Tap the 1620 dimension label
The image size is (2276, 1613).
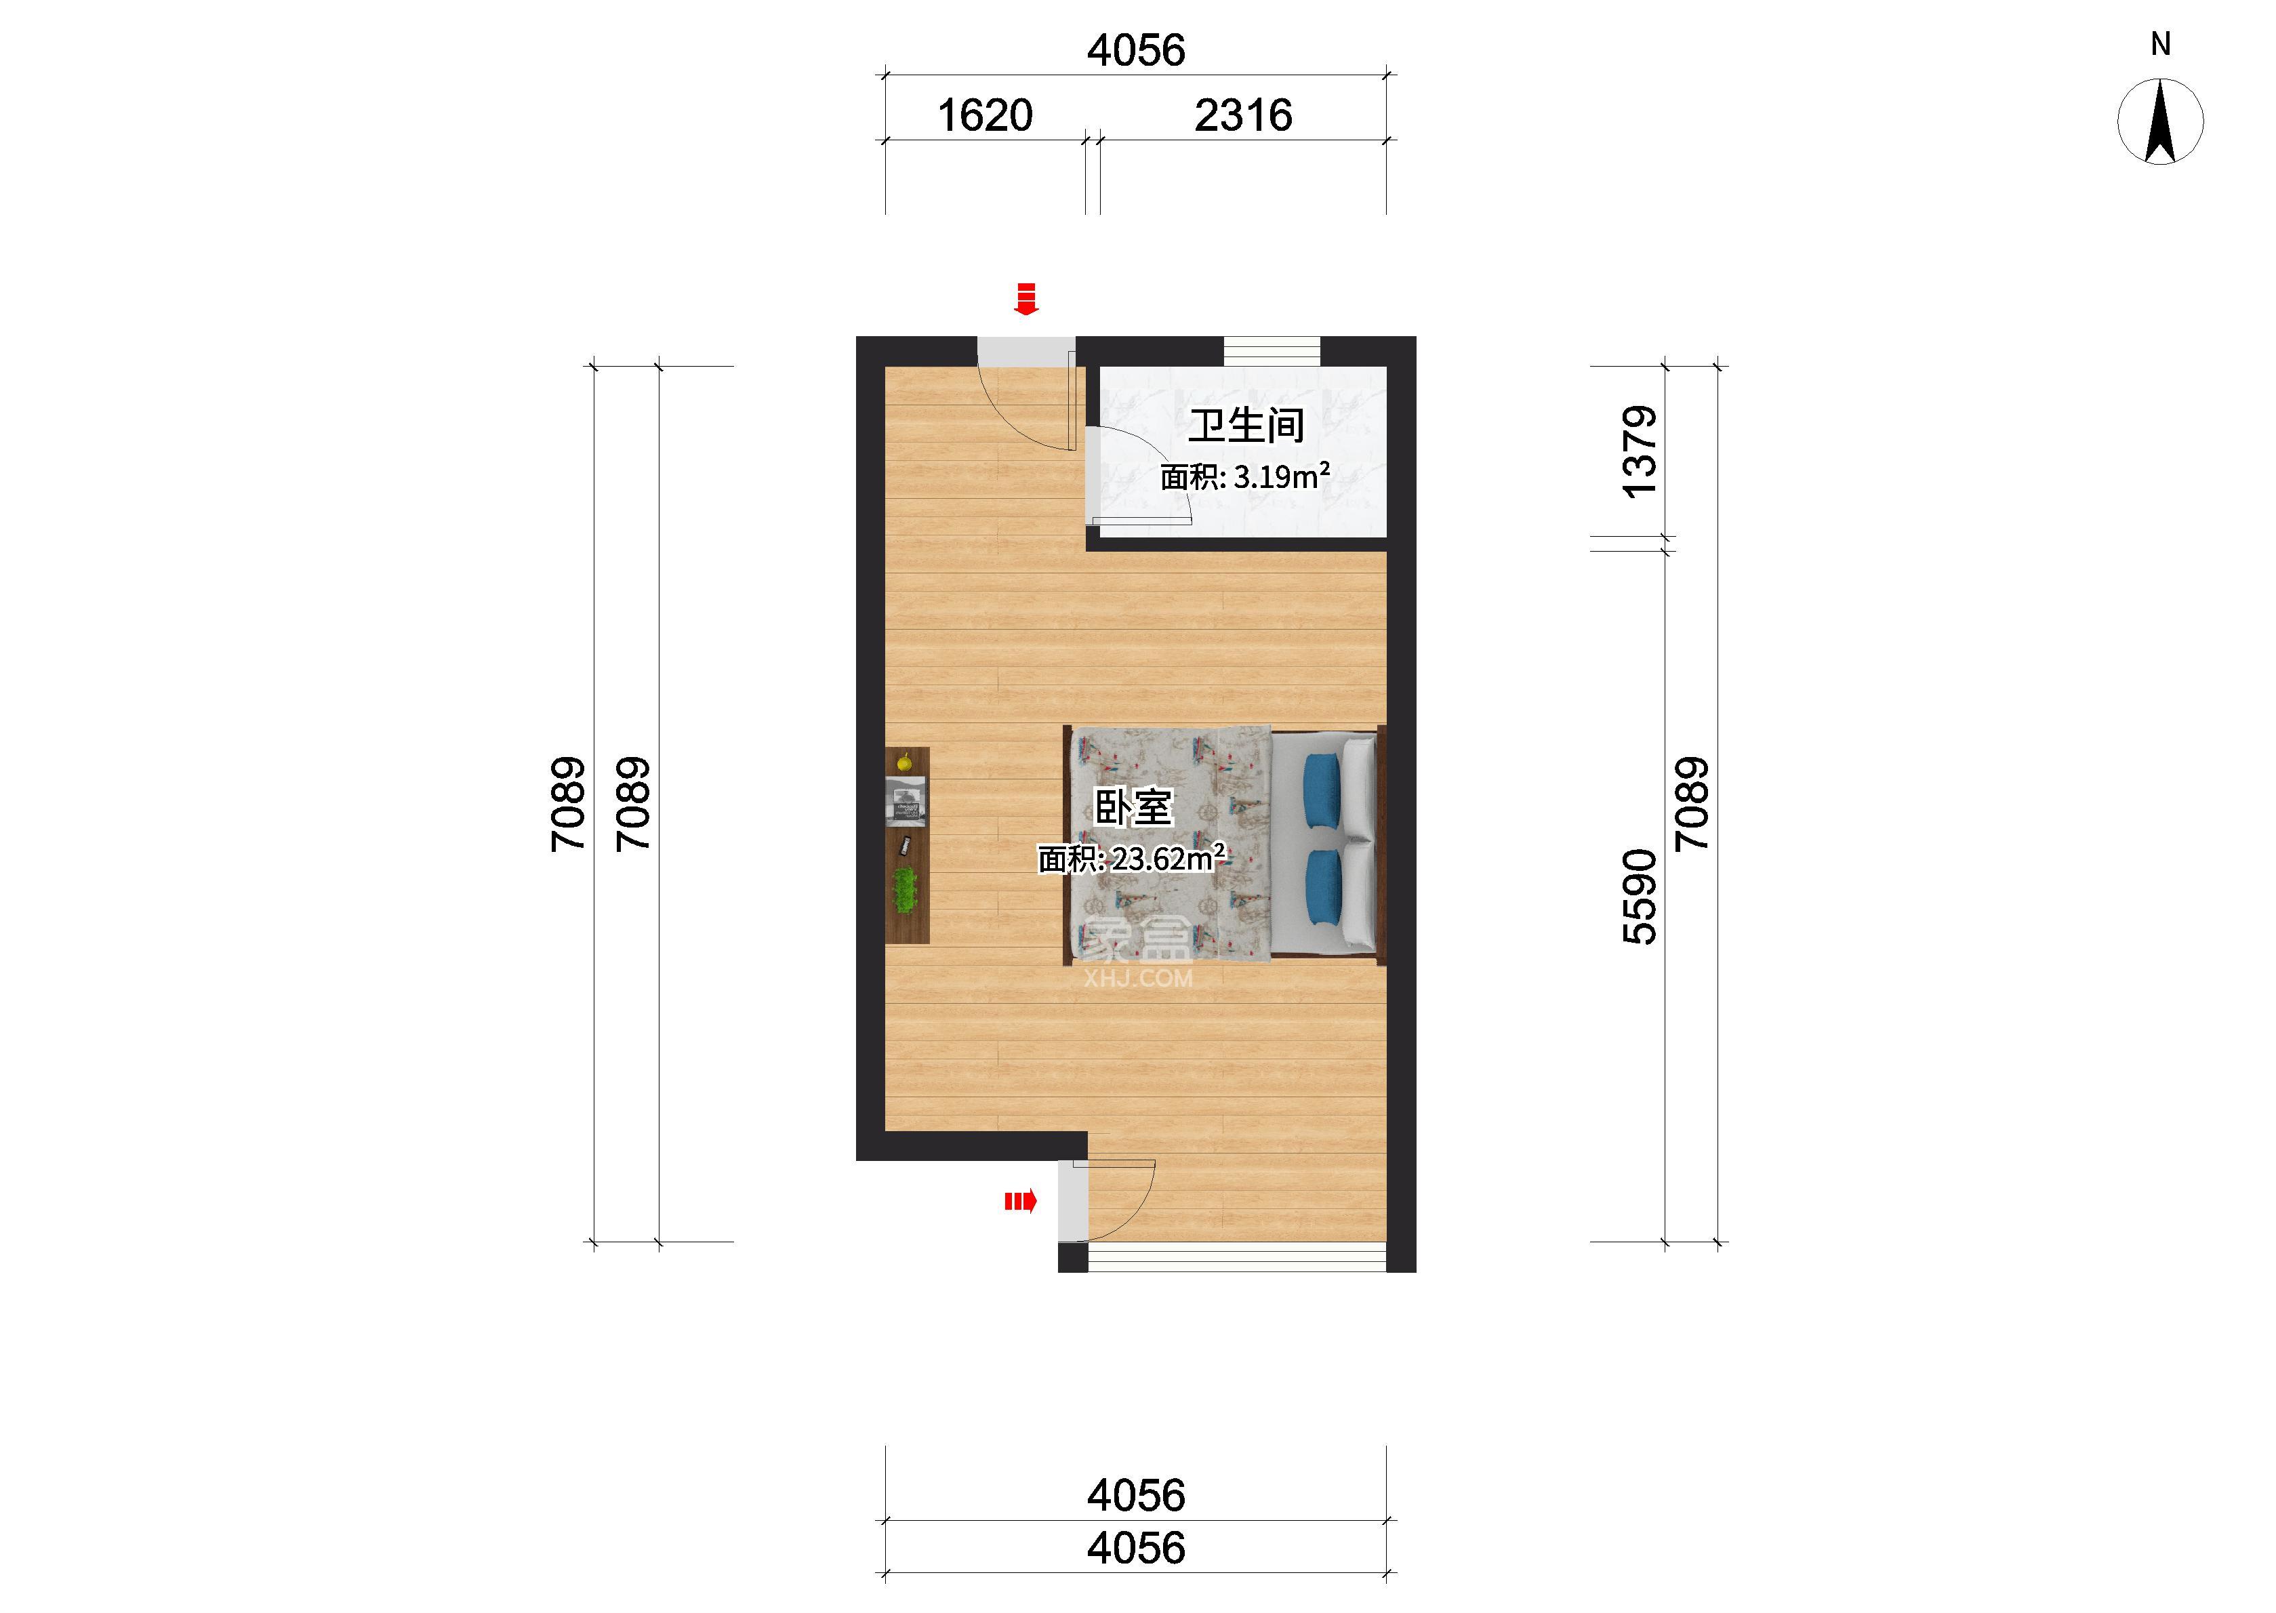pyautogui.click(x=985, y=116)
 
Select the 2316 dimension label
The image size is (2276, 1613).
pyautogui.click(x=1243, y=116)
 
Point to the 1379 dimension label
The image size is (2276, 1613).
pyautogui.click(x=1640, y=452)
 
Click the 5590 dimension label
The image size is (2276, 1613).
pyautogui.click(x=1640, y=897)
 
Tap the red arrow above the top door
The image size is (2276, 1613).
pyautogui.click(x=1025, y=299)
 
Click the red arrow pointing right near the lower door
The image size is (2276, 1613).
pyautogui.click(x=1021, y=1202)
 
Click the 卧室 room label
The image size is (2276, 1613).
pyautogui.click(x=1133, y=806)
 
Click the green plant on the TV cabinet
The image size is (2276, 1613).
pyautogui.click(x=209, y=889)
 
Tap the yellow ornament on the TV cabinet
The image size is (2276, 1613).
pyautogui.click(x=209, y=763)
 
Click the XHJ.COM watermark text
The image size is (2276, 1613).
pyautogui.click(x=1138, y=979)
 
